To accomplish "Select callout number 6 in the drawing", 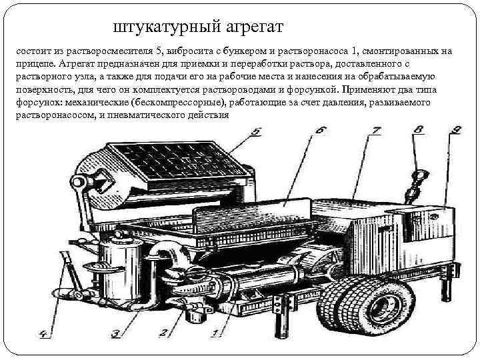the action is [x=321, y=131].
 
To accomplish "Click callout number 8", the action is [x=419, y=131].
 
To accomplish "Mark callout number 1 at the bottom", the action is [x=215, y=331].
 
